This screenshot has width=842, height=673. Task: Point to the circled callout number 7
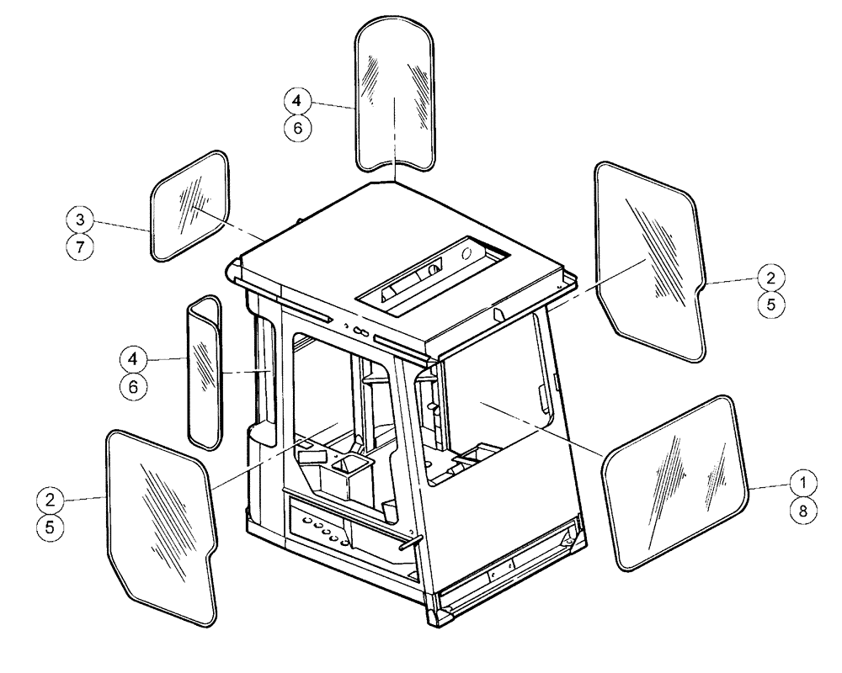pos(79,247)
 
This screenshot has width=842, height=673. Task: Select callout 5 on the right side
pos(770,305)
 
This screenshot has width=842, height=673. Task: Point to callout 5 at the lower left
pos(51,527)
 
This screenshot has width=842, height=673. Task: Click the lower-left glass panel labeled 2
pos(160,522)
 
